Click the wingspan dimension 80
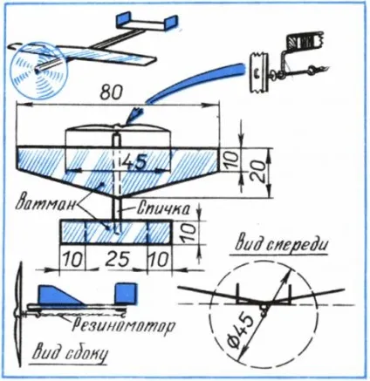point(111,92)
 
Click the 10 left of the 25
point(72,259)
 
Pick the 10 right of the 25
point(160,259)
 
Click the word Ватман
point(45,204)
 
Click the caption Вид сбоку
point(70,354)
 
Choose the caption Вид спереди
point(281,246)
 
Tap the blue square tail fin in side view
point(126,293)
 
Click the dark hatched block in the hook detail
point(304,43)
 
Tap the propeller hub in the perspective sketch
point(38,70)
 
